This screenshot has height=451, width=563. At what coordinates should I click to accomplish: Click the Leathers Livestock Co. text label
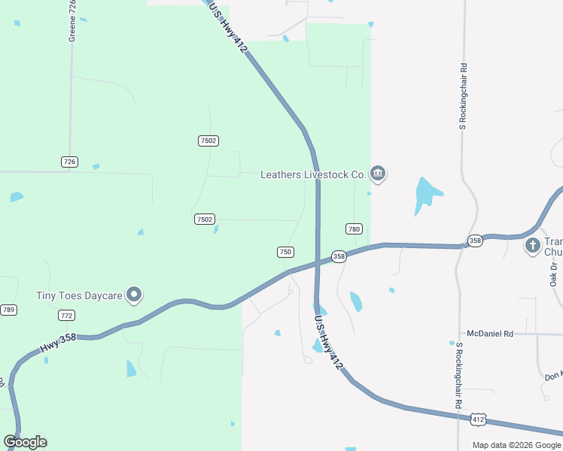coord(312,174)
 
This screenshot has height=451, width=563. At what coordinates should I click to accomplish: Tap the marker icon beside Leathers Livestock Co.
coord(378,174)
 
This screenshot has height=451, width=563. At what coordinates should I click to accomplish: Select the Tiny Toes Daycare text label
coord(79,295)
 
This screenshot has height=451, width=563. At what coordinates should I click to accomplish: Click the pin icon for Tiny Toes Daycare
coord(135,295)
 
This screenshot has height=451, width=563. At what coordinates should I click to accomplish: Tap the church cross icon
coord(533,245)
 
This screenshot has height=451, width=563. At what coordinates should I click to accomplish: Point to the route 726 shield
coord(70,162)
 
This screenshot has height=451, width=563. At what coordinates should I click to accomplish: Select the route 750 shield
coord(285,252)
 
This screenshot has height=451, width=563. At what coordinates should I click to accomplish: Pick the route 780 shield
coord(355,229)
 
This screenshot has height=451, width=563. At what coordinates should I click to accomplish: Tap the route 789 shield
coord(8,310)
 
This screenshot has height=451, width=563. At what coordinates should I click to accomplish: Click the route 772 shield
coord(67,316)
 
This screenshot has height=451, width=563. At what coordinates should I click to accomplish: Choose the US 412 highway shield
coord(478,419)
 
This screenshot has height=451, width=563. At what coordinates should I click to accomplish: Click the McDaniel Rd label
coord(489,333)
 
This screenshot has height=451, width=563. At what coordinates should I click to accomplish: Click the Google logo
coord(25,442)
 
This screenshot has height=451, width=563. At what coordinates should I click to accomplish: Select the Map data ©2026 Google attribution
coord(516,445)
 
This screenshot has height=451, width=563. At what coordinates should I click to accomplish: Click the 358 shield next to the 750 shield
coord(339,256)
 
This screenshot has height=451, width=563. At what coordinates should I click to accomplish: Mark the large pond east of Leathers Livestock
coord(427,195)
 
